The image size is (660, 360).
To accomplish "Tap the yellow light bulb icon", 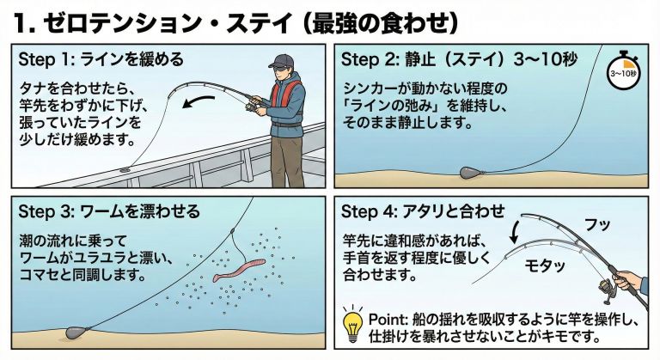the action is [x=352, y=325].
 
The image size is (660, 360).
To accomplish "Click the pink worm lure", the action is [x=239, y=271].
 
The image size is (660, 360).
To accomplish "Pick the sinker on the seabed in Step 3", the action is [x=76, y=333].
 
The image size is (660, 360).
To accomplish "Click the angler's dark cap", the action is [x=280, y=62].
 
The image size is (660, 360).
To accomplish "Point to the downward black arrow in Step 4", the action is [x=516, y=232].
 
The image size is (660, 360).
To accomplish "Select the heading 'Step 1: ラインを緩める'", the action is [x=101, y=59].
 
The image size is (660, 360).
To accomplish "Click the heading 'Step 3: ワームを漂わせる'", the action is [x=109, y=211].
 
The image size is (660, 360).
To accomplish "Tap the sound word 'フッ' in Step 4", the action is [x=597, y=225].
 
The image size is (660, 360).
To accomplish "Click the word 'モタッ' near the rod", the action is [x=544, y=265].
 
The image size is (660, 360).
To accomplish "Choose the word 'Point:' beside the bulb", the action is [x=387, y=320].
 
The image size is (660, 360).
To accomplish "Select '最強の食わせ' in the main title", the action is [x=381, y=23].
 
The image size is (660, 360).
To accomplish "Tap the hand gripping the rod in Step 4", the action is [x=628, y=280].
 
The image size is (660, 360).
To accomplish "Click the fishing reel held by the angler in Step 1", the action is [x=252, y=106].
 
